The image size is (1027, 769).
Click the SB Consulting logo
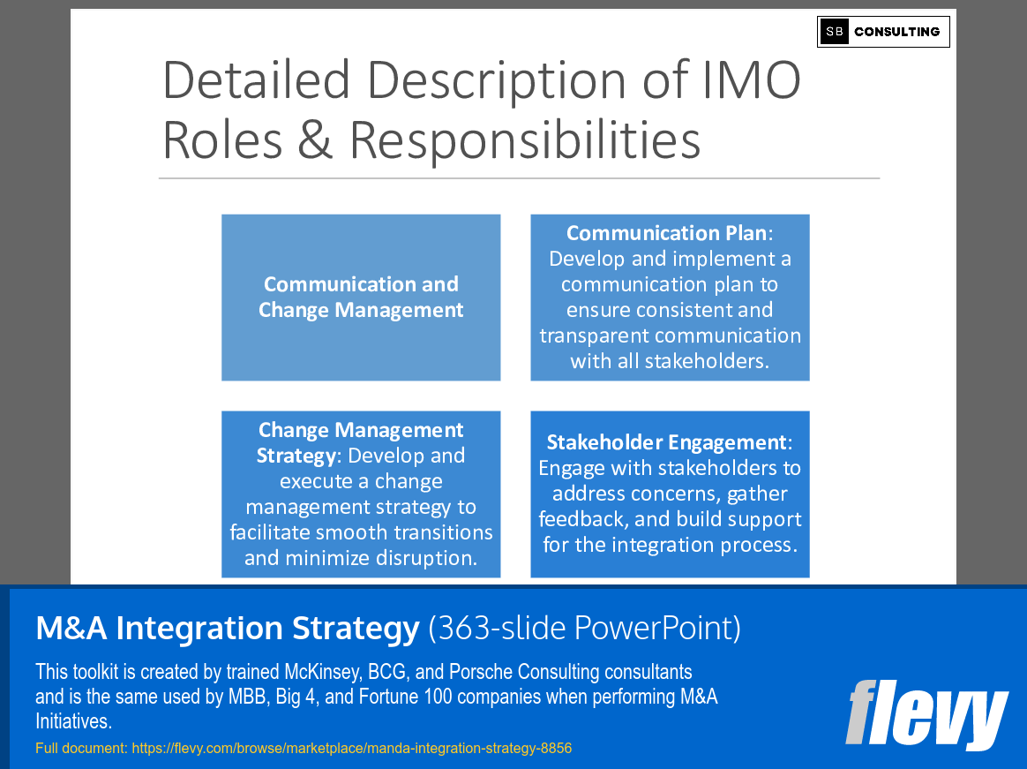click(x=883, y=32)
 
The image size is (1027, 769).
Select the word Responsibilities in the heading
click(x=525, y=139)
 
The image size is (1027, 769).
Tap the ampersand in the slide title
click(x=316, y=139)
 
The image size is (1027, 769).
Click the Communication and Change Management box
click(x=361, y=298)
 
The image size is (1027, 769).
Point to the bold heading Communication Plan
click(x=666, y=233)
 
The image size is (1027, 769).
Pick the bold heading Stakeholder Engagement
click(x=666, y=442)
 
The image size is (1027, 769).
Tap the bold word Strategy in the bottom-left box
click(x=292, y=456)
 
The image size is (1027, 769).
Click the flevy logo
click(x=926, y=713)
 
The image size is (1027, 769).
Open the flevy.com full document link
click(x=351, y=749)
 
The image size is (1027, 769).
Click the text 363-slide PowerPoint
click(x=584, y=629)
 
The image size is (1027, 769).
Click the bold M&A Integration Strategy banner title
click(x=228, y=629)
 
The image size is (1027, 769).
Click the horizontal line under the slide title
click(x=519, y=178)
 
